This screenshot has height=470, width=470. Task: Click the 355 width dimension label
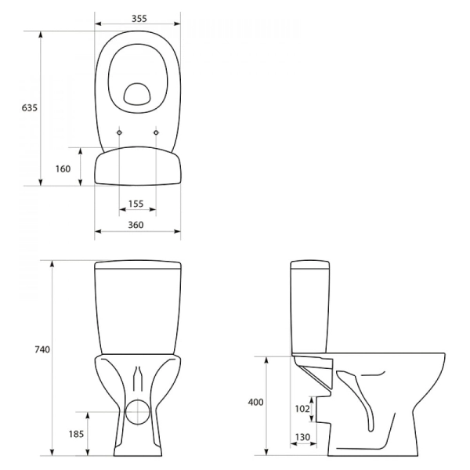(x=139, y=19)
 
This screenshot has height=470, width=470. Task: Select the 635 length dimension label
(x=30, y=107)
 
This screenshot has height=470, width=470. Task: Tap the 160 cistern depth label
(x=63, y=169)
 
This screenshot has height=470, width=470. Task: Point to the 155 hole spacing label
(x=136, y=204)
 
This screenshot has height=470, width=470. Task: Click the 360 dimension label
(x=136, y=225)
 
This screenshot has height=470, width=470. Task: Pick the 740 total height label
(x=42, y=349)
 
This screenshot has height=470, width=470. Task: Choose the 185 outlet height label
(x=76, y=434)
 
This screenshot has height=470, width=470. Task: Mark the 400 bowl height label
(x=255, y=402)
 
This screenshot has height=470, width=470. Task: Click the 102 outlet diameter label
(x=302, y=409)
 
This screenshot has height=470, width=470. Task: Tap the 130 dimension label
(x=302, y=437)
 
